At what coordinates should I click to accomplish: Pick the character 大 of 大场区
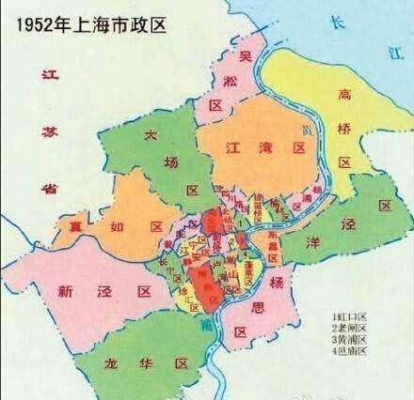coord(149,137)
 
